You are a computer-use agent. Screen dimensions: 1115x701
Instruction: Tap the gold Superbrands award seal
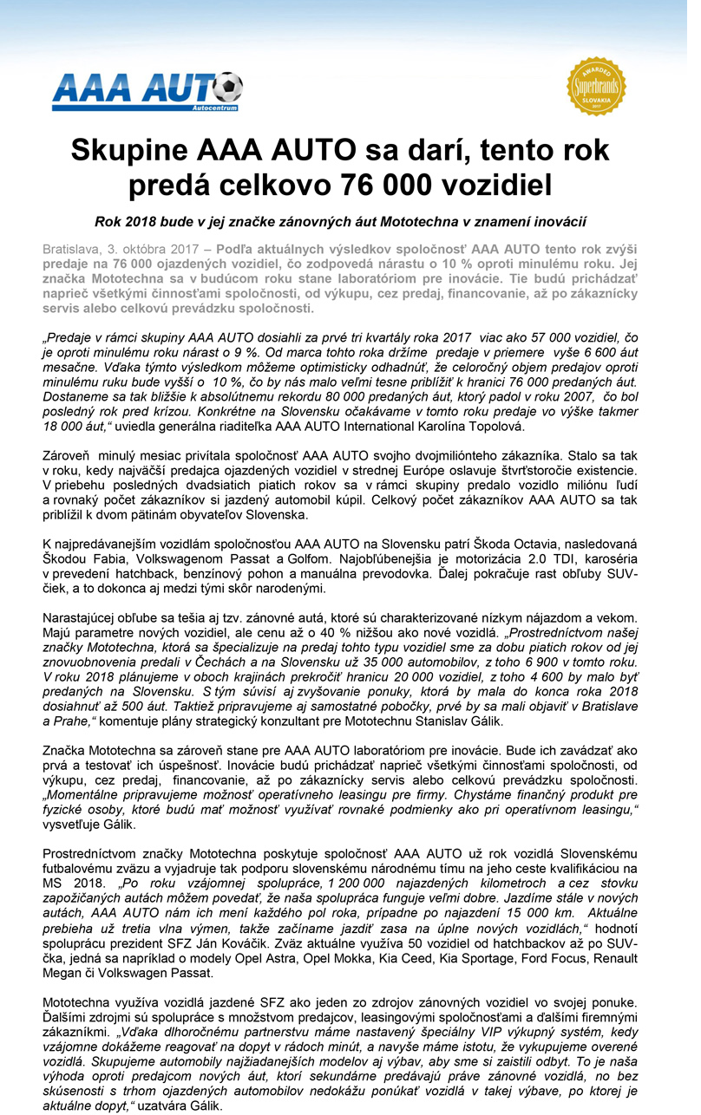click(x=596, y=87)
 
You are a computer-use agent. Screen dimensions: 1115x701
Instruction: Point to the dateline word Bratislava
click(x=72, y=249)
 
